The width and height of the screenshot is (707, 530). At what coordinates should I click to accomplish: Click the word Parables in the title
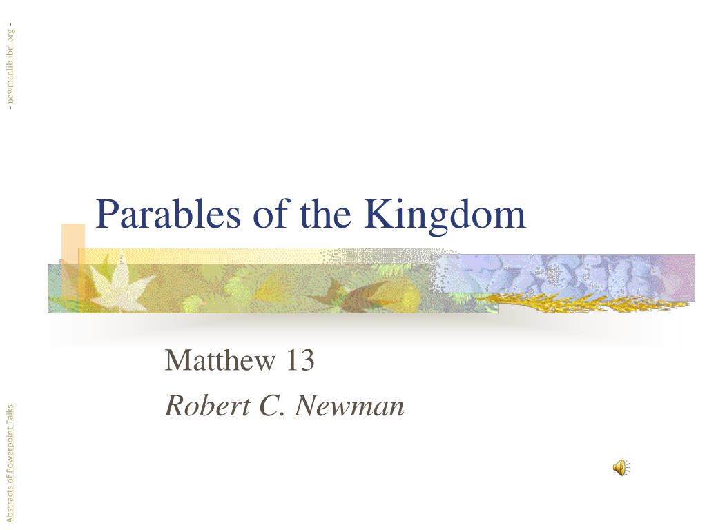click(168, 214)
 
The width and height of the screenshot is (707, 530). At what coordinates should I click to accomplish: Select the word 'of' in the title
click(270, 214)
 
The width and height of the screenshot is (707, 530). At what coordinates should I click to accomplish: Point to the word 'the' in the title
click(325, 214)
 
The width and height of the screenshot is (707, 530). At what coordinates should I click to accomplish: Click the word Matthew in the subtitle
click(220, 360)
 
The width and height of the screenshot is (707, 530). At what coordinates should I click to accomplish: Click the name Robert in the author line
click(207, 405)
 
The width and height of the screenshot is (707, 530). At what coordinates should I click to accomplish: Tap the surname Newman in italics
click(349, 405)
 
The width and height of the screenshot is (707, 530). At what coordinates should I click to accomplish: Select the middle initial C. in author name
click(272, 405)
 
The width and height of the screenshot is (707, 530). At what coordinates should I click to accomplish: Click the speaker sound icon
click(621, 468)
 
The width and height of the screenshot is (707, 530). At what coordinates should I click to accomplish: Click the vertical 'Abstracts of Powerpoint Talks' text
click(10, 464)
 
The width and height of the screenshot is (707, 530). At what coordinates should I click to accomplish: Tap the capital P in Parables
click(108, 214)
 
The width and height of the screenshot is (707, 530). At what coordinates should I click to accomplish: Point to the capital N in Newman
click(311, 405)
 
